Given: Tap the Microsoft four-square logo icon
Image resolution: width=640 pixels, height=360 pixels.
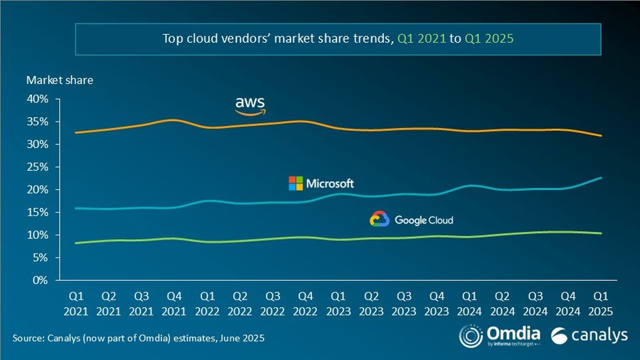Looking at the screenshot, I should (x=295, y=184).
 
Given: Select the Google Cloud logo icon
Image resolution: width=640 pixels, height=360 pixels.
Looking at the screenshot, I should (x=379, y=219).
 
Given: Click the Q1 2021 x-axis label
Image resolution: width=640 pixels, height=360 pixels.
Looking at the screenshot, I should (x=76, y=302).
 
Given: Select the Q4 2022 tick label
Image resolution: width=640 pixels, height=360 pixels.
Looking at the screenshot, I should (x=306, y=302).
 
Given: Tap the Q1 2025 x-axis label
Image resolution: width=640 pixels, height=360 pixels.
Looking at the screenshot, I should (x=601, y=302).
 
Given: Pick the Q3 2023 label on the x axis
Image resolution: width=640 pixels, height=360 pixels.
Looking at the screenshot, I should (x=404, y=302).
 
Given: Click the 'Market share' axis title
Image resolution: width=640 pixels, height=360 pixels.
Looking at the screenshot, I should (x=60, y=80).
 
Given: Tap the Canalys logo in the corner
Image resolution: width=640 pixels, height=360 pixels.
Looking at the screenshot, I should (x=587, y=335).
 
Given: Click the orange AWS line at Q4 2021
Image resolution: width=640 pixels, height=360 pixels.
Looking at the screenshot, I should (x=174, y=121).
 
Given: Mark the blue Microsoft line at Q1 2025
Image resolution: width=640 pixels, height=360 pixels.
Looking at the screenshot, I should (x=601, y=178).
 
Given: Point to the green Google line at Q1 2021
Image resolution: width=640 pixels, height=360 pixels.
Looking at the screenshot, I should (x=76, y=243).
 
